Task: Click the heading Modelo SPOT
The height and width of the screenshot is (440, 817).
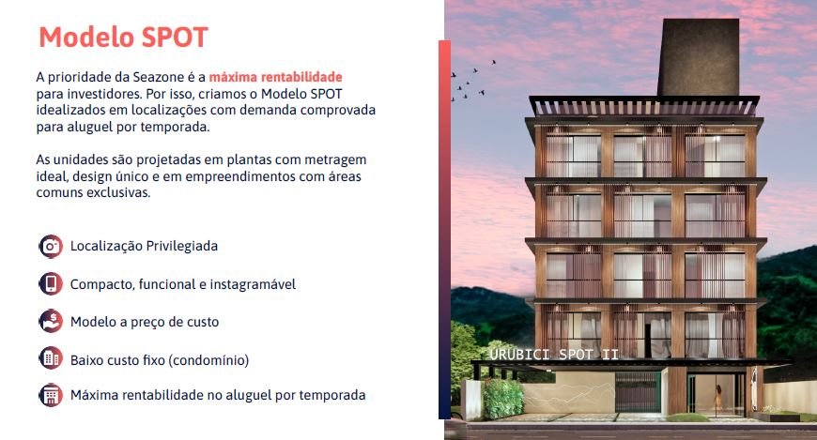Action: (x=123, y=37)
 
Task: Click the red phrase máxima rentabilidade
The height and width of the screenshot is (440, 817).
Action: (x=276, y=77)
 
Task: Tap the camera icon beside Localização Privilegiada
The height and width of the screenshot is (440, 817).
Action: (x=51, y=247)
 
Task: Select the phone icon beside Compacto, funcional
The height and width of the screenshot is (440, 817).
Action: (x=51, y=283)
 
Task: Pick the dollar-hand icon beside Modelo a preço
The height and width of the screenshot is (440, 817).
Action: (x=51, y=321)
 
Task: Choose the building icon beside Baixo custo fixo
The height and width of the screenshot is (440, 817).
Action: (x=51, y=358)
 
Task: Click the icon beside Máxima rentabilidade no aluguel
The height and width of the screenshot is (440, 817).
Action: (x=51, y=395)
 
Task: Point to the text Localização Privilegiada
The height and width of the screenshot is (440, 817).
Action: (x=144, y=246)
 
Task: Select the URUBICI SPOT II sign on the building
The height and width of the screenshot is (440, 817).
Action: (x=554, y=355)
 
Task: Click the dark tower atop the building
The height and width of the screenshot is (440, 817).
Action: (x=699, y=57)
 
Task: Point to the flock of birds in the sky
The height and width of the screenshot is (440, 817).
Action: (x=472, y=80)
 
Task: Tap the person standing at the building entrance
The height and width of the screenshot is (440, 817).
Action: (x=718, y=399)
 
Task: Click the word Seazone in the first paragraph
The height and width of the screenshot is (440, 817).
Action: (x=159, y=77)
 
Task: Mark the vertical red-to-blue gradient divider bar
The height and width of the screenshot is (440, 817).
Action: (x=444, y=230)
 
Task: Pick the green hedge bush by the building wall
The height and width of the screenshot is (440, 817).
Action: (x=502, y=399)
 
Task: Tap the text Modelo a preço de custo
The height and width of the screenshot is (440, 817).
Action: (x=145, y=322)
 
